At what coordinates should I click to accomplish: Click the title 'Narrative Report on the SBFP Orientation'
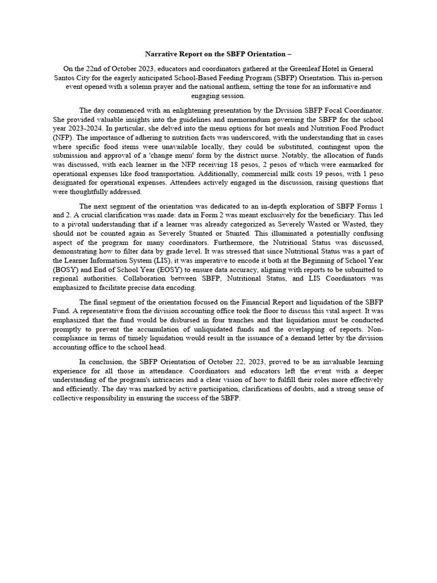216,54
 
